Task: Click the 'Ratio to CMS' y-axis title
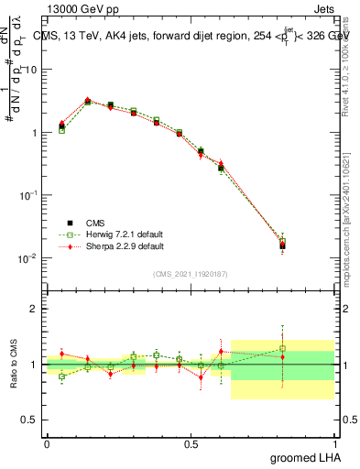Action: (14, 364)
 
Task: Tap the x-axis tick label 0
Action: (47, 443)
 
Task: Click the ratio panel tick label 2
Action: (34, 309)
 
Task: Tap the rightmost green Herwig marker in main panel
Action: (283, 242)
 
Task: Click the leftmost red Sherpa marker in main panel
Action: (61, 123)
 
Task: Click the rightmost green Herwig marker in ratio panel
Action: (283, 348)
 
